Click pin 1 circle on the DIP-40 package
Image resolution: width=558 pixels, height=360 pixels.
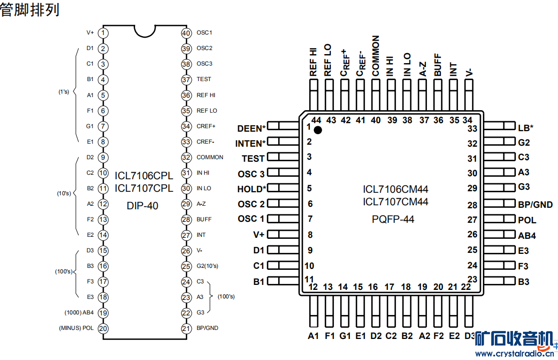click(103, 33)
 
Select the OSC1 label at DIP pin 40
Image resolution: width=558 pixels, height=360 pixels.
click(204, 33)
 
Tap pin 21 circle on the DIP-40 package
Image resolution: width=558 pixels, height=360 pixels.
click(186, 328)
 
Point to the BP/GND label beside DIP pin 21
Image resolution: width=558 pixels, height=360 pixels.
click(207, 328)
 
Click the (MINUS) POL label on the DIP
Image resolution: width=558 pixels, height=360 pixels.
click(76, 328)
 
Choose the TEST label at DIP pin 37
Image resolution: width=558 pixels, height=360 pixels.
click(204, 79)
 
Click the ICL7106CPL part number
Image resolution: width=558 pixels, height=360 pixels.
click(144, 176)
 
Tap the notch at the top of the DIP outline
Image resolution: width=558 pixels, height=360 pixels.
click(144, 30)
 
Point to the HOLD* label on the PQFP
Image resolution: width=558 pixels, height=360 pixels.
click(251, 189)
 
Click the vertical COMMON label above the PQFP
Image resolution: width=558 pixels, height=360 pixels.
click(376, 56)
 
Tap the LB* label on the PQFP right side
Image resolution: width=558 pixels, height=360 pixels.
click(525, 128)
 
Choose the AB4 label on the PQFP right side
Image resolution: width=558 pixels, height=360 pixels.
click(527, 235)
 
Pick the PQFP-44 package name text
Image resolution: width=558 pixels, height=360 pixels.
click(393, 219)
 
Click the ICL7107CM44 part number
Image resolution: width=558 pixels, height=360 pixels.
click(395, 202)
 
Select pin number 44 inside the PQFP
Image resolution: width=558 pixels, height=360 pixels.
click(316, 120)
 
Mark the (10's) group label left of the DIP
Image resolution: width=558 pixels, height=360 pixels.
click(64, 193)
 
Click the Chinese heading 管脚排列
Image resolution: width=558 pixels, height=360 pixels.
click(30, 10)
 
